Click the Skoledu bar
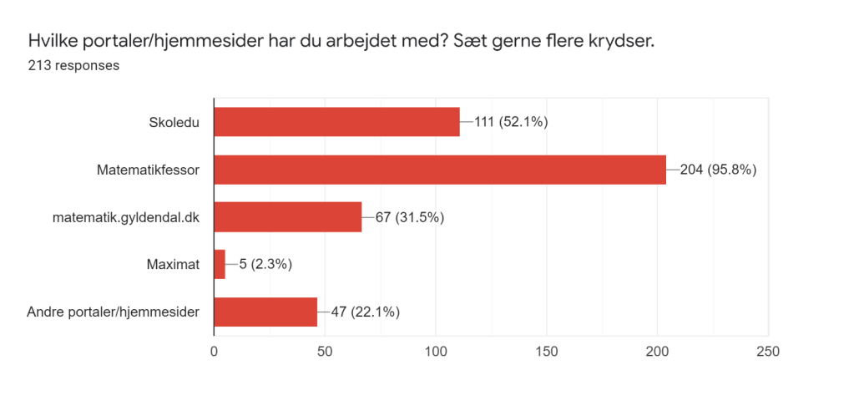tap(336, 122)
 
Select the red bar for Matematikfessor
tap(440, 170)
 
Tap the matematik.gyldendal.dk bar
tap(288, 217)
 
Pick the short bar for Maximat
tap(220, 265)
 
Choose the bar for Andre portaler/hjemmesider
tap(265, 312)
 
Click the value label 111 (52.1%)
tap(510, 122)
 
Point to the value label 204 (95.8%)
tap(718, 170)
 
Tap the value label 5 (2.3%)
tap(265, 265)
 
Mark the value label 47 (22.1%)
tap(366, 312)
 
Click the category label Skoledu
tap(174, 122)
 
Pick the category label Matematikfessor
tap(148, 170)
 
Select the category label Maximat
tap(173, 265)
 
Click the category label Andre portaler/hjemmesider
tap(113, 312)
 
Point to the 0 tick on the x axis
tap(215, 352)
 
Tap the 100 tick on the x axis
tap(436, 352)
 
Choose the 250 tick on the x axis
tap(767, 352)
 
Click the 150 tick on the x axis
tap(547, 352)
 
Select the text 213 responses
tap(73, 65)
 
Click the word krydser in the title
tap(620, 40)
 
